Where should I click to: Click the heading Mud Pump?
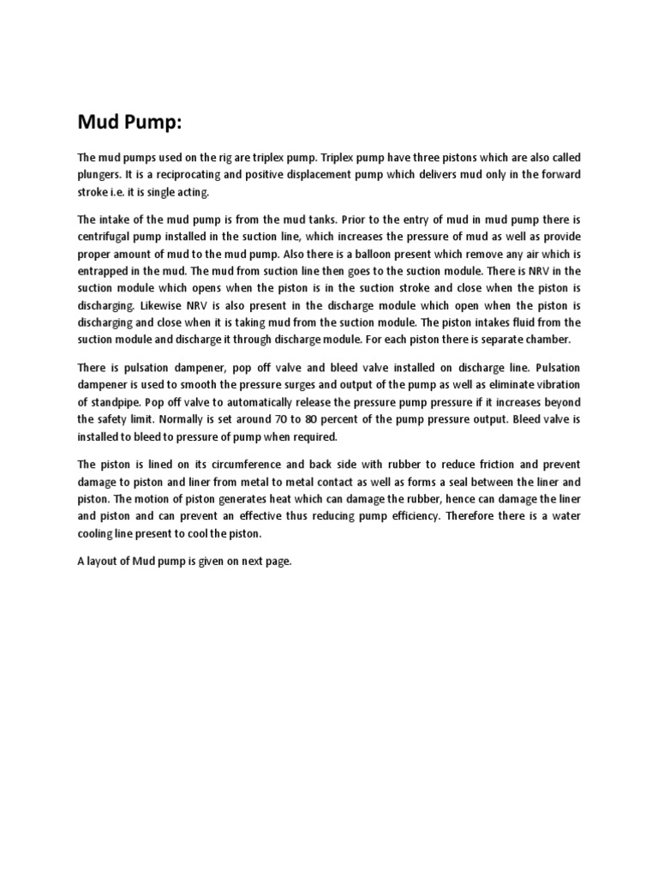[x=131, y=123]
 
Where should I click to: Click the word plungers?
[x=101, y=174]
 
